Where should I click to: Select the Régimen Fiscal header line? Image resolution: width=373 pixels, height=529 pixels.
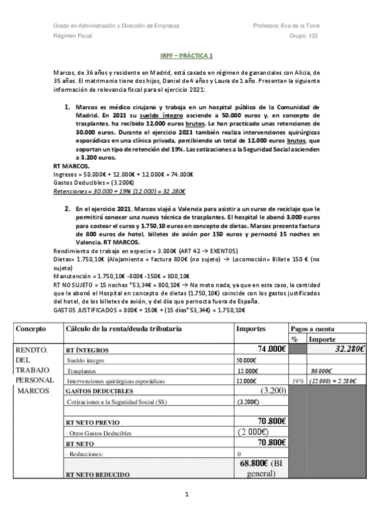(x=72, y=36)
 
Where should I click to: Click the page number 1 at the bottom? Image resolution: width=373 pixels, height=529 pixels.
(x=186, y=495)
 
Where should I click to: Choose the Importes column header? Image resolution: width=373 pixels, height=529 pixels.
(x=252, y=328)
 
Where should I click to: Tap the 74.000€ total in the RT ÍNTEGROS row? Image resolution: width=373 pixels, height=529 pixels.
(x=271, y=349)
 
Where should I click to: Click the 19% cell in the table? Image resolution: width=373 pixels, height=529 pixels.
(x=296, y=379)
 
